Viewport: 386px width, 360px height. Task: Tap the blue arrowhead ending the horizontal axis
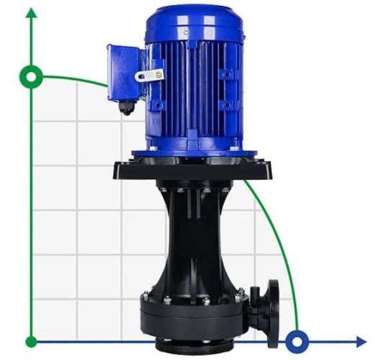click(x=361, y=341)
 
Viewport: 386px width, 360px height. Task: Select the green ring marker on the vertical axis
click(x=31, y=76)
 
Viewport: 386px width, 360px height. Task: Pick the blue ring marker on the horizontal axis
click(x=296, y=341)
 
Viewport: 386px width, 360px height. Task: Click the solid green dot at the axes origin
click(x=31, y=341)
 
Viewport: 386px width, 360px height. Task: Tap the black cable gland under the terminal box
click(x=127, y=108)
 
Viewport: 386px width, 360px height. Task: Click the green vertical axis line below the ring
click(x=31, y=216)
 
